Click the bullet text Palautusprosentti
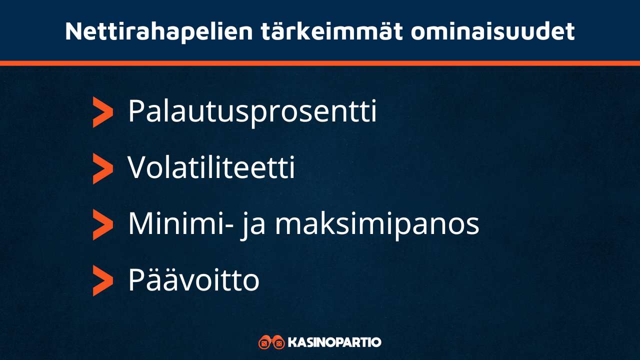[252, 112]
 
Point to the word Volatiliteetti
[211, 168]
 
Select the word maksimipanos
[377, 225]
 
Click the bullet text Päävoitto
[193, 280]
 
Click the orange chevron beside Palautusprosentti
[102, 112]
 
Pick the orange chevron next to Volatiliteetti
[102, 169]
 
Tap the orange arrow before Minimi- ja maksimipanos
[102, 225]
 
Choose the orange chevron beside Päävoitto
[102, 281]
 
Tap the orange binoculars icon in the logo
[271, 342]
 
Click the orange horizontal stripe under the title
[320, 63]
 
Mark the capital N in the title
[73, 32]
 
